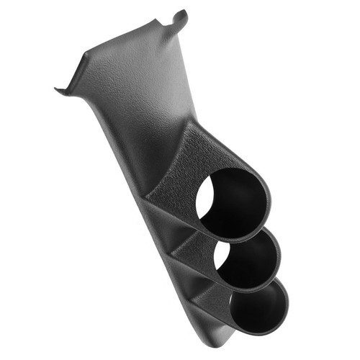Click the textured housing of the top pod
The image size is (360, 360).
(x=187, y=162)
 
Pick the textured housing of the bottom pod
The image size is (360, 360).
(x=209, y=299)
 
